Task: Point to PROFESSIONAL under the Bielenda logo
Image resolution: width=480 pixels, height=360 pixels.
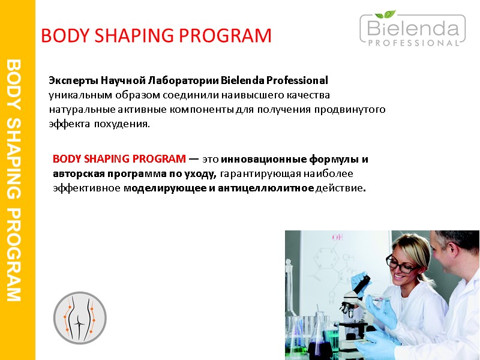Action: [x=412, y=43]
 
